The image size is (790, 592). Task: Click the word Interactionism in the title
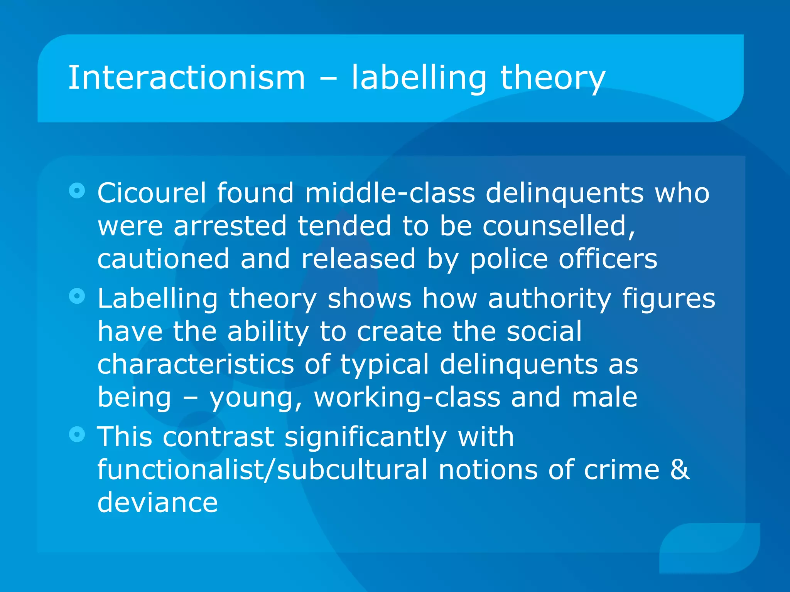[x=187, y=78]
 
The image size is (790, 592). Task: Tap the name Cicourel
[x=152, y=193]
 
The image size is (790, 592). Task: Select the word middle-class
[x=390, y=193]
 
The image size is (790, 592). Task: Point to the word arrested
[x=230, y=226]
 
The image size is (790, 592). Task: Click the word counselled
[x=559, y=226]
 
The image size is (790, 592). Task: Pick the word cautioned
[x=163, y=259]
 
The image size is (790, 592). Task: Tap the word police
[x=508, y=259]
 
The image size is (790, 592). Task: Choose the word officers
[x=608, y=259]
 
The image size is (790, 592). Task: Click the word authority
[x=549, y=299]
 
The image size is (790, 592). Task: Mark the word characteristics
[x=196, y=364]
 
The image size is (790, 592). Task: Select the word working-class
[x=407, y=398]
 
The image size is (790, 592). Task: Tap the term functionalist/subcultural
[x=262, y=470]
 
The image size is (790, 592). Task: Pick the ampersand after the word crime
[x=680, y=470]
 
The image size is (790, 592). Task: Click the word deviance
[x=157, y=503]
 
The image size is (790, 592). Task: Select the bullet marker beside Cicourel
[x=77, y=190]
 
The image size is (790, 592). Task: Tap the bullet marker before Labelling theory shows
[x=77, y=296]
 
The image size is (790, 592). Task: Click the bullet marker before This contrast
[x=77, y=434]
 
